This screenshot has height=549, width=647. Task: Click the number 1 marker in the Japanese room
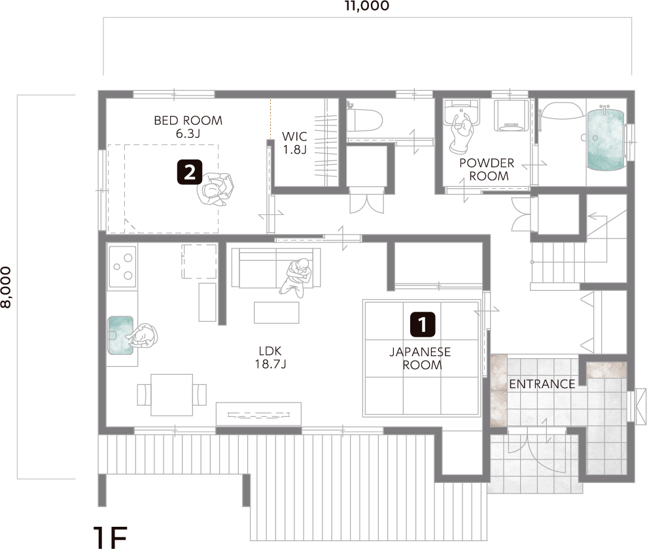423,324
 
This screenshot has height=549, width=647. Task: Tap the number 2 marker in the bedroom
190,172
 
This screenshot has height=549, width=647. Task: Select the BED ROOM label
188,120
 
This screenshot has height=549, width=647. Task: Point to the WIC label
294,137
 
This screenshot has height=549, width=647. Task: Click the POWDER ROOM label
487,169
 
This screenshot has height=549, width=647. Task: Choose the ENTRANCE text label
542,384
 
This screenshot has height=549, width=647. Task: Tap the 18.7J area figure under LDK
271,364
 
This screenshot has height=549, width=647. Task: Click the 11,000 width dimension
367,6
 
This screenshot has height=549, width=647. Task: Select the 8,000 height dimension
6,288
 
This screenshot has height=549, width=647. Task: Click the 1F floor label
110,537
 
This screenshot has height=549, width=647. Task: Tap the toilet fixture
364,120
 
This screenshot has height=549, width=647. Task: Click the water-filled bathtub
605,139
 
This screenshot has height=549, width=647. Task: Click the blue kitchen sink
120,335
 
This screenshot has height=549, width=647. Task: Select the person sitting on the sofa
296,277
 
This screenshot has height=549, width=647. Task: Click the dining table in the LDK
171,395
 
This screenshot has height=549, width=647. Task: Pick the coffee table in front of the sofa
277,312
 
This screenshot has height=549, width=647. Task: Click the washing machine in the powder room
511,115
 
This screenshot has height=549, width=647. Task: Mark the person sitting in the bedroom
215,189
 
